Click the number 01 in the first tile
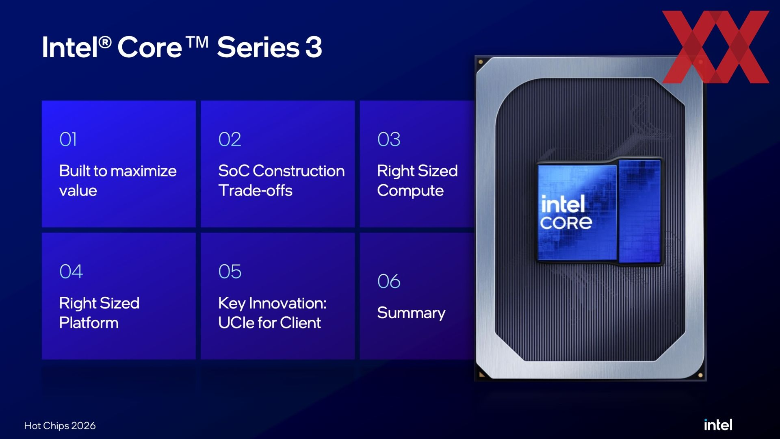tap(68, 139)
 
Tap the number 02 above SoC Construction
tap(230, 139)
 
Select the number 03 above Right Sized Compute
tap(389, 139)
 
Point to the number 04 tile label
tap(71, 272)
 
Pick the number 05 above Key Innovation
tap(230, 272)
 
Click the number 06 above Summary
tap(389, 281)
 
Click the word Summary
tap(411, 313)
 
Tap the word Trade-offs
tap(255, 191)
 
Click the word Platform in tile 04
tap(89, 323)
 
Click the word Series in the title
tap(258, 47)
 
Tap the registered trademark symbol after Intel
tap(105, 42)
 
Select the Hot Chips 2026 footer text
tap(60, 426)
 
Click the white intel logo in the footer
tap(718, 425)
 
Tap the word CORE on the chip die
tap(566, 223)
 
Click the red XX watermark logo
tap(715, 47)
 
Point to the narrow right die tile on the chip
tap(640, 211)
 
